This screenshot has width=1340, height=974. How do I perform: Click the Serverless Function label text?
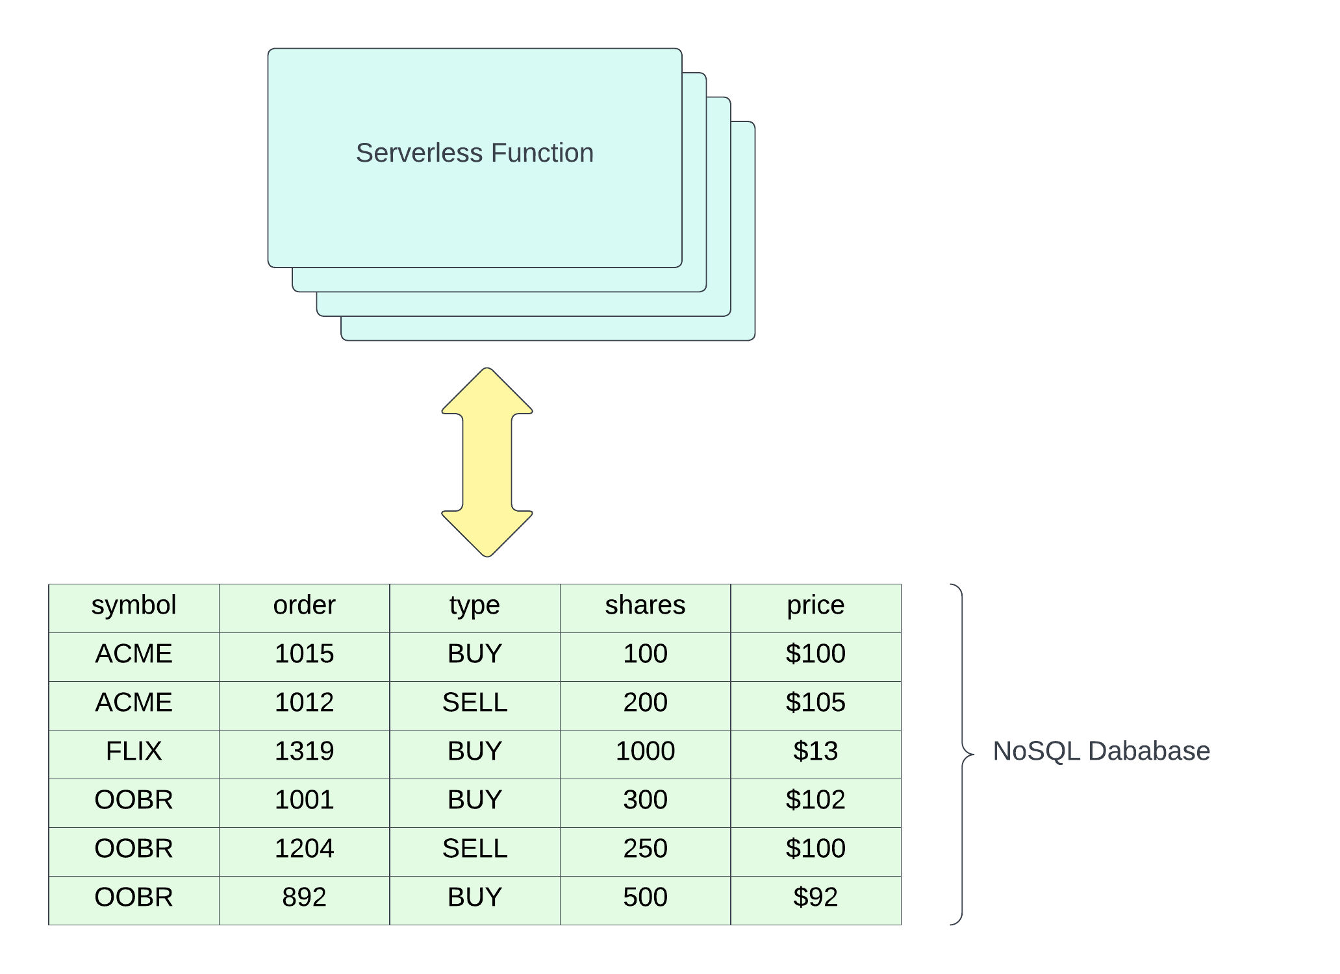[474, 153]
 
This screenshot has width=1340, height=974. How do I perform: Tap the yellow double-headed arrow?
[487, 462]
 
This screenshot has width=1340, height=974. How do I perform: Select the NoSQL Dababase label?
[1101, 751]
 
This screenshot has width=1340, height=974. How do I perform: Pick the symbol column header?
[134, 605]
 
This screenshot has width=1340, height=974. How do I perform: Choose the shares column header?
[645, 605]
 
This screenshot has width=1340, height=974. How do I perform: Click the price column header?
[815, 605]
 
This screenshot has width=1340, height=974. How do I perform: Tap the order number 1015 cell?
[304, 654]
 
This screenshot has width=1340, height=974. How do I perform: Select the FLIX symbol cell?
[134, 751]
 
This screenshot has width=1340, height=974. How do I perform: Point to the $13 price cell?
[815, 751]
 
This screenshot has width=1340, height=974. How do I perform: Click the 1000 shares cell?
[645, 751]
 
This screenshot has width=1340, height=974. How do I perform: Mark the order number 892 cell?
[304, 897]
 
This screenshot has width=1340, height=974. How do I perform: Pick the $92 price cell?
[815, 897]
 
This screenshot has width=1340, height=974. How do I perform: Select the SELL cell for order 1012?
[475, 703]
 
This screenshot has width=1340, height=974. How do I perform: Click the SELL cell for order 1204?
[475, 849]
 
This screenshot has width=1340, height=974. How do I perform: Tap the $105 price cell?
[815, 703]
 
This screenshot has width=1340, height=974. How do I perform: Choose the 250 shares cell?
[645, 849]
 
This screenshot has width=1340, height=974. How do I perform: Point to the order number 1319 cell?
[304, 751]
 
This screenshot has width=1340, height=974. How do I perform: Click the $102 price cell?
[815, 800]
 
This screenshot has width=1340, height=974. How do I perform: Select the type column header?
[475, 605]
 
